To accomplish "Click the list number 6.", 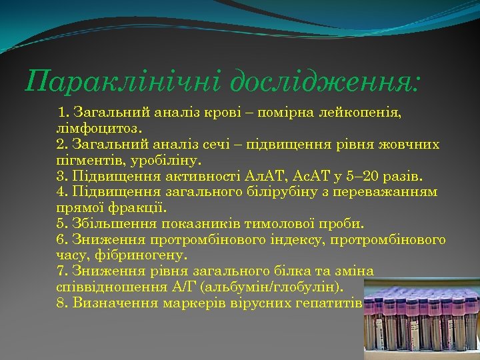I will coord(61,239).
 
